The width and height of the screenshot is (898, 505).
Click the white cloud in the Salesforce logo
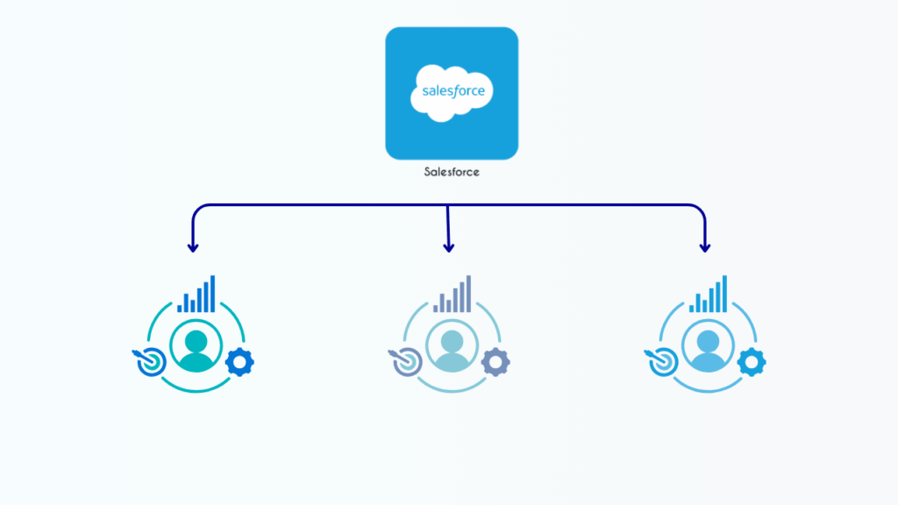coord(452,92)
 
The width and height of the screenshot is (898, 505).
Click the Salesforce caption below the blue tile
coord(452,173)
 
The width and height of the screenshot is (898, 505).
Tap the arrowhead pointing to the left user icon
coord(192,247)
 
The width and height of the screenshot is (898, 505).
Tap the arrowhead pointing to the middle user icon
coord(449,247)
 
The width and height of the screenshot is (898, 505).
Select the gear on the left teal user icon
coord(239,361)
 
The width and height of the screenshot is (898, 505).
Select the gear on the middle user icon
coord(495,361)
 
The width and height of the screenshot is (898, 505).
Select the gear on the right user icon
coord(752,361)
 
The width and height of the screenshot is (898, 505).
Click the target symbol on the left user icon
coord(148,362)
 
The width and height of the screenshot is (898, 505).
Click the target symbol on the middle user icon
coord(404,362)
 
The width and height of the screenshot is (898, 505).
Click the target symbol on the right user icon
coord(660,362)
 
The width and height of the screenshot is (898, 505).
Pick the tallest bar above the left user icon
coord(211,294)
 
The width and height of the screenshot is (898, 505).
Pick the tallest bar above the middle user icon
coord(467,294)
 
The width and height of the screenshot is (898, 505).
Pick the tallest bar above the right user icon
coord(723,294)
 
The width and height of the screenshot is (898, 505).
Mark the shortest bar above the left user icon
coord(180,308)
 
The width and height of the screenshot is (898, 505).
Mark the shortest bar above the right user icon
coord(692,308)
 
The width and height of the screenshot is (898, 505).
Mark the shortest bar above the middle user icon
coord(436,308)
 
